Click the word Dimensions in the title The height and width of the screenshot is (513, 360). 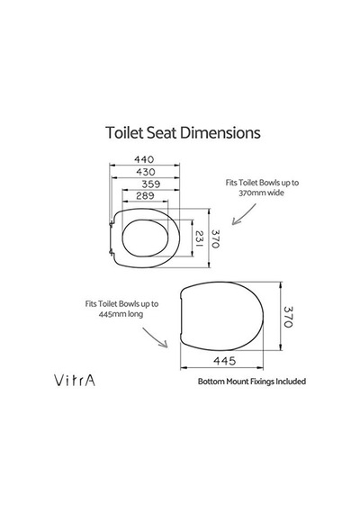(x=220, y=132)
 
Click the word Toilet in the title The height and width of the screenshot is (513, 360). (x=124, y=132)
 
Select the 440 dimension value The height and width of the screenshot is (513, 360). (x=144, y=159)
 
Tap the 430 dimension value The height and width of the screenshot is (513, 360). (x=145, y=172)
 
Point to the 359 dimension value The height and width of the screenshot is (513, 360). (x=151, y=184)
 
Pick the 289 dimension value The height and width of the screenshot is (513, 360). (x=145, y=195)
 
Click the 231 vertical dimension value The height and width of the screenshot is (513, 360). (x=199, y=238)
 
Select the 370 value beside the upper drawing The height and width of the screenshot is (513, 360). (x=215, y=238)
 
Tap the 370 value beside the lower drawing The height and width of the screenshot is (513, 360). (x=288, y=317)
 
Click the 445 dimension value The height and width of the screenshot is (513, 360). (x=224, y=361)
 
